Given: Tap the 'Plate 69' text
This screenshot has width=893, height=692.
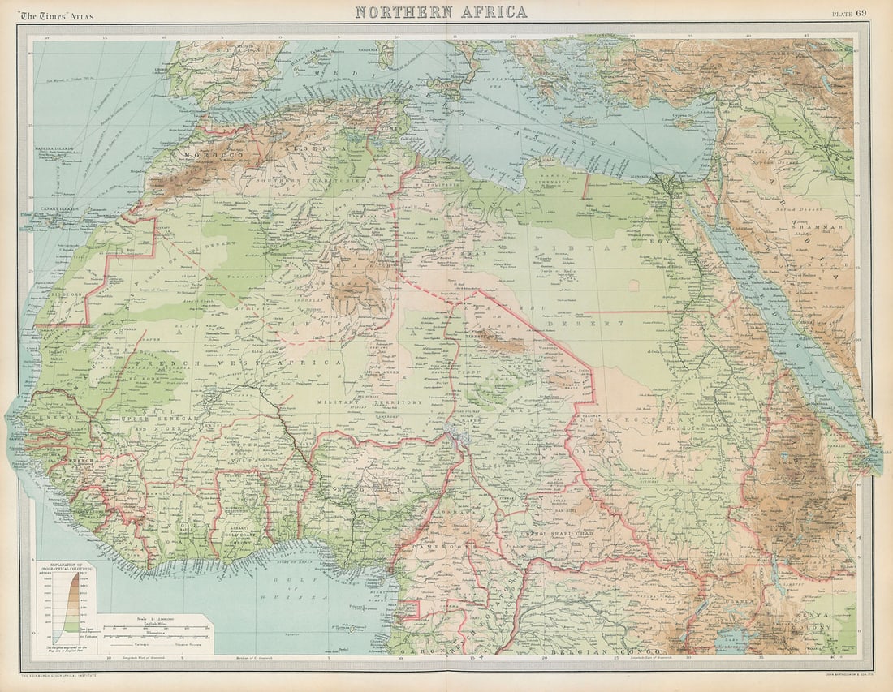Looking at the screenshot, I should click(849, 12).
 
